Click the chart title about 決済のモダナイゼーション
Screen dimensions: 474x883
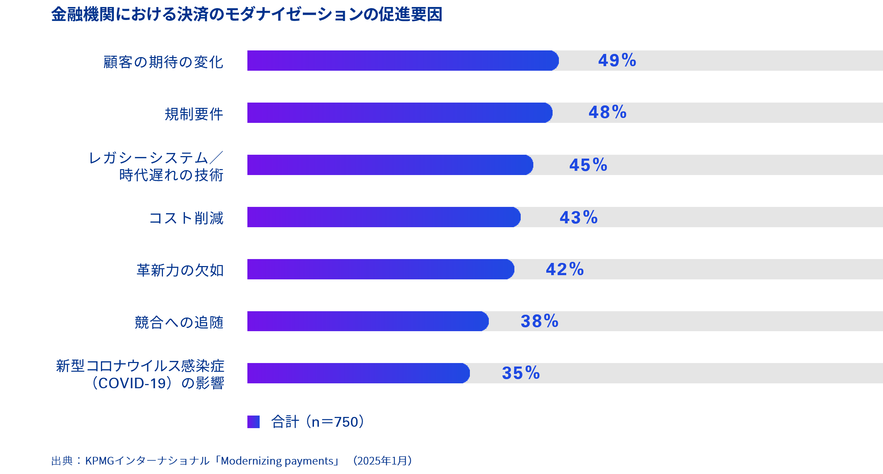[x=247, y=15]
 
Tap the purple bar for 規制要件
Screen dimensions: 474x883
[x=399, y=113]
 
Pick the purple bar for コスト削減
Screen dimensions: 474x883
[x=383, y=217]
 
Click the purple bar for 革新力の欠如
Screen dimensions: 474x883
[x=380, y=269]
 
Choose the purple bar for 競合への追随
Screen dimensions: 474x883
[x=368, y=321]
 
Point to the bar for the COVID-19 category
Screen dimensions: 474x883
[x=358, y=373]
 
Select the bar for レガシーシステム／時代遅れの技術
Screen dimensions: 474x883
[x=390, y=165]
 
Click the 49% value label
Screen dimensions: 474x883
[x=617, y=61]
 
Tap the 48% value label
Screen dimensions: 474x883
[x=607, y=113]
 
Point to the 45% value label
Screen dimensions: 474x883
[x=588, y=165]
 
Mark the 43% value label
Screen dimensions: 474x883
[x=579, y=217]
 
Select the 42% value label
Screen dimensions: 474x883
[x=564, y=269]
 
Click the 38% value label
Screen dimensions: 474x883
[x=539, y=321]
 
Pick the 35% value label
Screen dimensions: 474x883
[x=521, y=373]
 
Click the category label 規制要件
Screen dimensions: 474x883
[x=194, y=114]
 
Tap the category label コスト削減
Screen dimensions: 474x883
[x=186, y=218]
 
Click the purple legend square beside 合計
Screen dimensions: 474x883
[x=253, y=422]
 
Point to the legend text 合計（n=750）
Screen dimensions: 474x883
[x=317, y=422]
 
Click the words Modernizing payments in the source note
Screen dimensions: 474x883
[x=277, y=461]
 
